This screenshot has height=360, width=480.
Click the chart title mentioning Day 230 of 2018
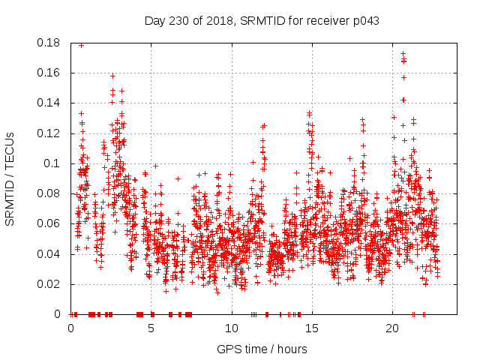(x=261, y=21)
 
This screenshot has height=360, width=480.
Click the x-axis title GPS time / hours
(x=261, y=349)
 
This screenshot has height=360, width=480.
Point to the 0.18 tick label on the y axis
(x=49, y=43)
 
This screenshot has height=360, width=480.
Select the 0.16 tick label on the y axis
(x=49, y=73)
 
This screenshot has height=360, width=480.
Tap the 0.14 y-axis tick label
(x=49, y=103)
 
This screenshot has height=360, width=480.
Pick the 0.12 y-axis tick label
(x=49, y=133)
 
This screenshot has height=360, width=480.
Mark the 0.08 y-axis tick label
(x=49, y=193)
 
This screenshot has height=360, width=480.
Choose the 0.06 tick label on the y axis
(x=49, y=223)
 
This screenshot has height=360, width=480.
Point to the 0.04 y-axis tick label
(x=49, y=253)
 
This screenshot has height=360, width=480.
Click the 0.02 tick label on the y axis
(x=49, y=284)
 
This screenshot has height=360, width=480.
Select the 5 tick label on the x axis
(x=151, y=328)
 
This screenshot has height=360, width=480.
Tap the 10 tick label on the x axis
(x=232, y=328)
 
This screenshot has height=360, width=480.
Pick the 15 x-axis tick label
(x=312, y=328)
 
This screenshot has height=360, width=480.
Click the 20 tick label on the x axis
(x=392, y=328)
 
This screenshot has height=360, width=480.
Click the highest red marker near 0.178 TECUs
(x=81, y=45)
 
